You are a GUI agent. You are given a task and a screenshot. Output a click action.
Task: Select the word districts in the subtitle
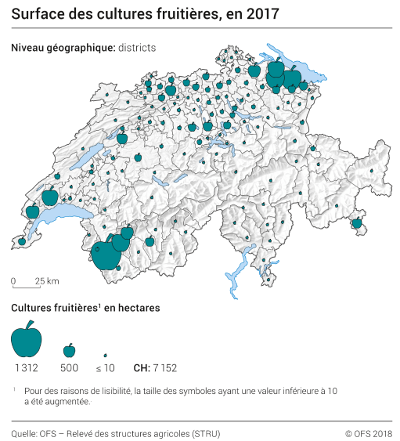click(x=136, y=48)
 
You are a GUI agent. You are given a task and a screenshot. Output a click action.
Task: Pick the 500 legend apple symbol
click(x=69, y=349)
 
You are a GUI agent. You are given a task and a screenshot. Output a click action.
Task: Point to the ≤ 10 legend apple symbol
click(x=105, y=355)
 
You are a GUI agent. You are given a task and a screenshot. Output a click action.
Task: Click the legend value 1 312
click(x=27, y=367)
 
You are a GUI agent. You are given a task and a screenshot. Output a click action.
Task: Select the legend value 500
click(x=69, y=367)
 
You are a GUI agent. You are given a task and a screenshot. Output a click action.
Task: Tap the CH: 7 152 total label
click(x=156, y=367)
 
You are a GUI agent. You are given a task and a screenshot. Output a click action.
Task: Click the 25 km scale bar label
click(x=47, y=280)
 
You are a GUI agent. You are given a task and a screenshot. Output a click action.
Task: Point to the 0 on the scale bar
click(x=13, y=280)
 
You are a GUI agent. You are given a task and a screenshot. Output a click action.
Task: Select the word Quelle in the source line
click(x=25, y=432)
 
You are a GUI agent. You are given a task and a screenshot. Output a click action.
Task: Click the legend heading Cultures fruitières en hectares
click(x=85, y=308)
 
